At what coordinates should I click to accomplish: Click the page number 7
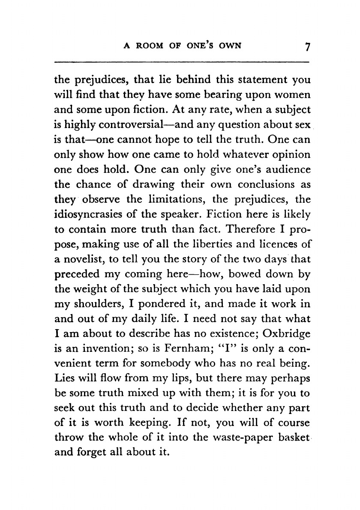point(306,46)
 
